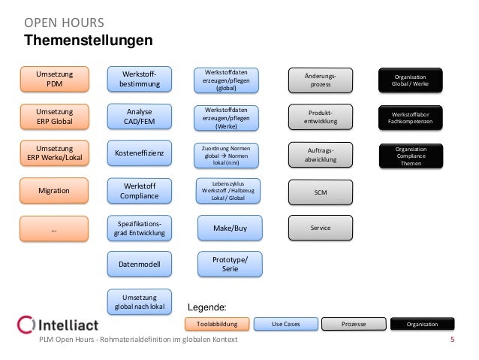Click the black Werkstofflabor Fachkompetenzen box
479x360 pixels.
pyautogui.click(x=410, y=116)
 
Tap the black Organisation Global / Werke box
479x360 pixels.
pyautogui.click(x=410, y=80)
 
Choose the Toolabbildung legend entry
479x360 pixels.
pyautogui.click(x=216, y=324)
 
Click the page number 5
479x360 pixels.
pyautogui.click(x=452, y=340)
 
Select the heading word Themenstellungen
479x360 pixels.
pyautogui.click(x=89, y=39)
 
